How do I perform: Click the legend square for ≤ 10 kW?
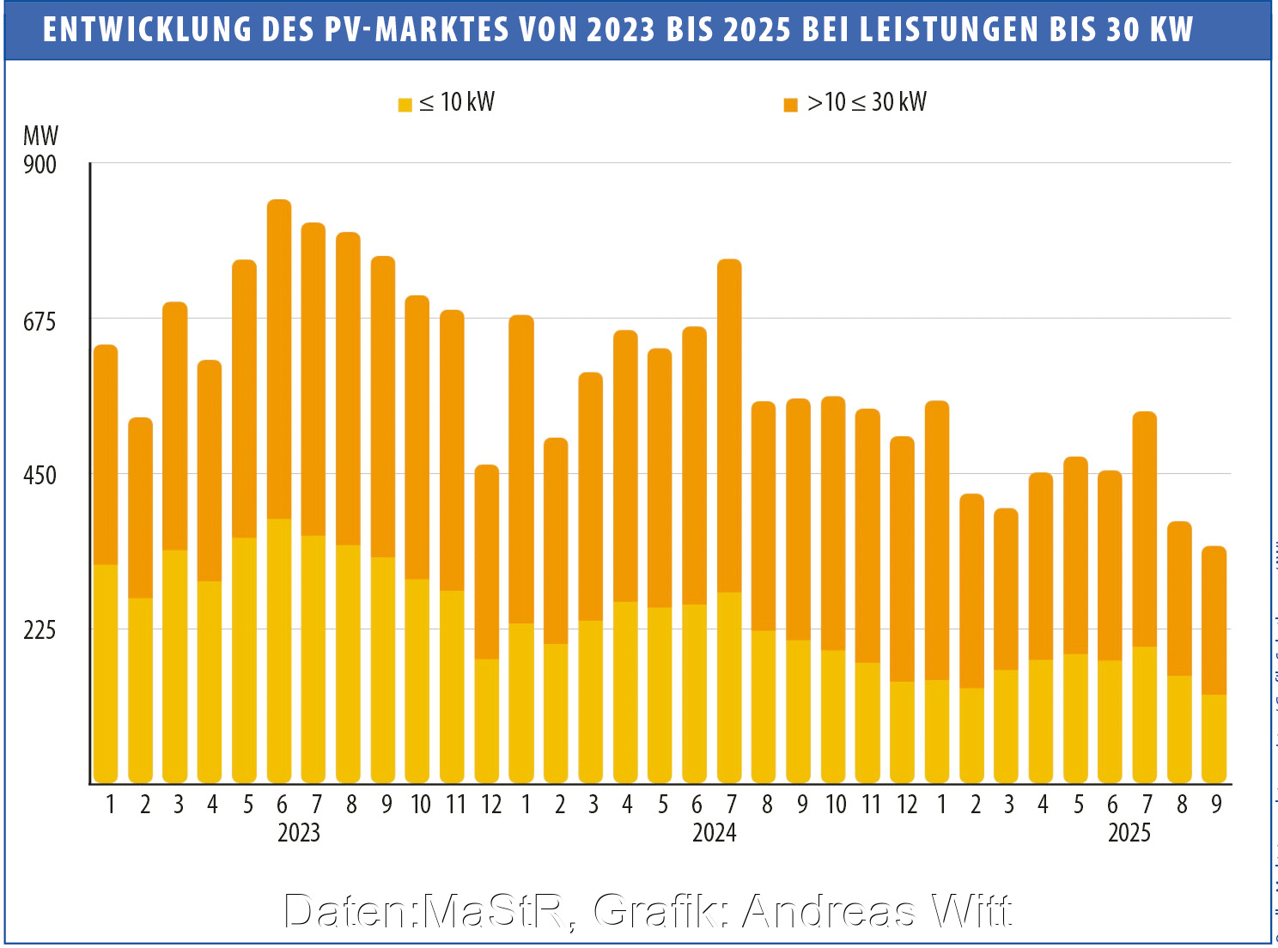coord(405,106)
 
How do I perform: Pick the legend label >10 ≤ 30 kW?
coord(867,103)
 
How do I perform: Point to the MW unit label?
coord(40,136)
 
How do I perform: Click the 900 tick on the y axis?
coord(40,164)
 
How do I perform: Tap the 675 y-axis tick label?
coord(40,321)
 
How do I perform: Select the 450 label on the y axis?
coord(40,475)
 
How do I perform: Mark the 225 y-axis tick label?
coord(40,630)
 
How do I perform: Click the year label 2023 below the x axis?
coord(299,833)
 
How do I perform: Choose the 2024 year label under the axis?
coord(714,833)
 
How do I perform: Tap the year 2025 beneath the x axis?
coord(1129,833)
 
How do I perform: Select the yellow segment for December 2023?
coord(487,721)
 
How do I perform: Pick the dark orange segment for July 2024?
coord(729,425)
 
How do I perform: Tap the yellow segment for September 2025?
coord(1214,738)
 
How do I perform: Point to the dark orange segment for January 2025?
coord(937,541)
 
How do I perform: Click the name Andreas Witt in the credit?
coord(876,911)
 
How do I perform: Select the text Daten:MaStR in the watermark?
coord(425,911)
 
